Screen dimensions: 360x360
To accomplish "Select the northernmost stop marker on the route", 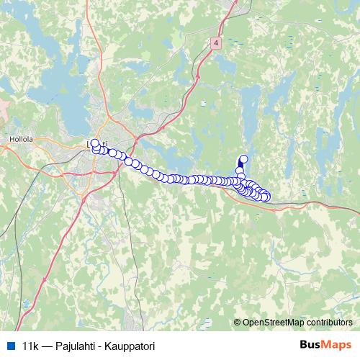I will (243, 159).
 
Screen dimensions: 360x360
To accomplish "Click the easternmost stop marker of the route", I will (266, 197).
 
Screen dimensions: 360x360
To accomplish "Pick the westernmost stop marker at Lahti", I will (94, 143).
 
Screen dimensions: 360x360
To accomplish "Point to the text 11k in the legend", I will (30, 346).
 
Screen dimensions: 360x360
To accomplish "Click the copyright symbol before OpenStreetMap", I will (238, 323).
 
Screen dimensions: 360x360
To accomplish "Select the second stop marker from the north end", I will (240, 171).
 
